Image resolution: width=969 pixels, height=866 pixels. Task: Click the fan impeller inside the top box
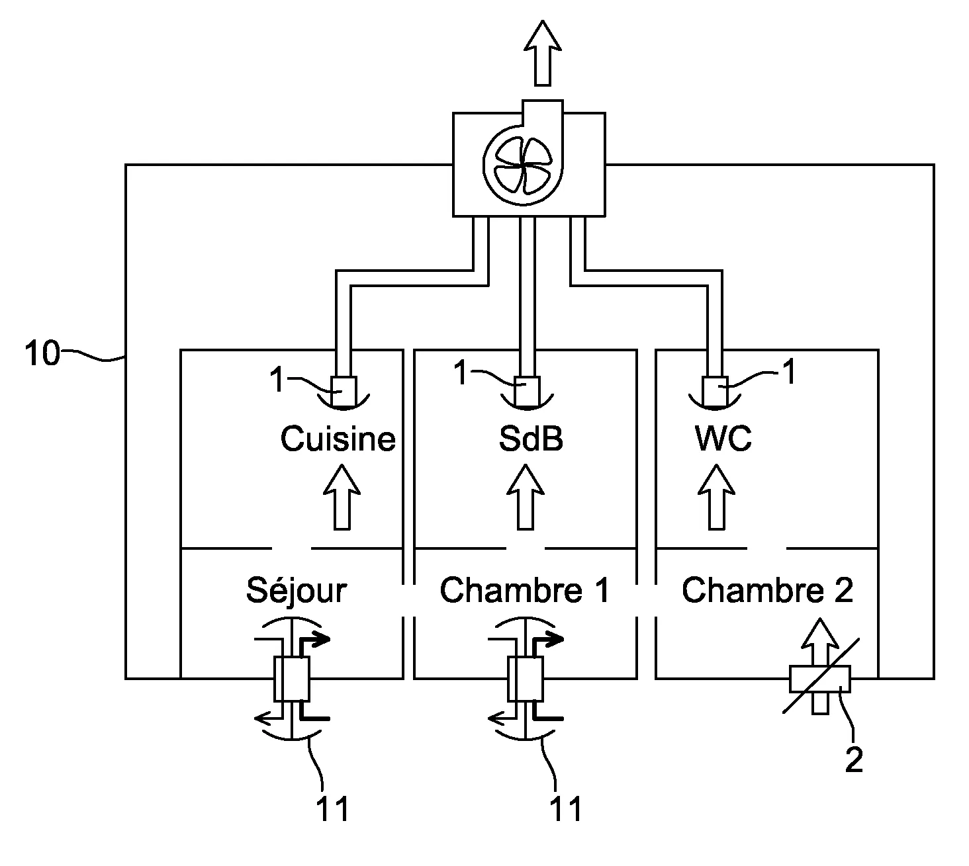pos(523,165)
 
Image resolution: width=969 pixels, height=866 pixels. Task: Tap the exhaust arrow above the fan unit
pos(543,53)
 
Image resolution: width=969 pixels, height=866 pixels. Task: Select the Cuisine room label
pos(338,439)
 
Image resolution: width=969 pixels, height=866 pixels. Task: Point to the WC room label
pos(723,439)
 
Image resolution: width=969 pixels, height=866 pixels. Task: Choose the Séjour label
pos(296,590)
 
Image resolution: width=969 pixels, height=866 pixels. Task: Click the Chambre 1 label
pos(524,590)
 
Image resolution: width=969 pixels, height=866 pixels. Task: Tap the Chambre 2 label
pos(767,590)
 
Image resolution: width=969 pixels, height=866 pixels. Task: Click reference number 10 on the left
pos(41,354)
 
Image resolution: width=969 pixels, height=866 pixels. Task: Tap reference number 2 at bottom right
pos(854,760)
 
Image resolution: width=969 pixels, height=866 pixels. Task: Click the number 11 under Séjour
pos(332,808)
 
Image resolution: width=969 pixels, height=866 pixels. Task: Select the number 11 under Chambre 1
pos(567,808)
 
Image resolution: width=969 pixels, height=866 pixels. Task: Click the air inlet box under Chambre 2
pos(820,678)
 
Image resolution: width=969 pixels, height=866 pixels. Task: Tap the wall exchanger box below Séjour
pos(291,679)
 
